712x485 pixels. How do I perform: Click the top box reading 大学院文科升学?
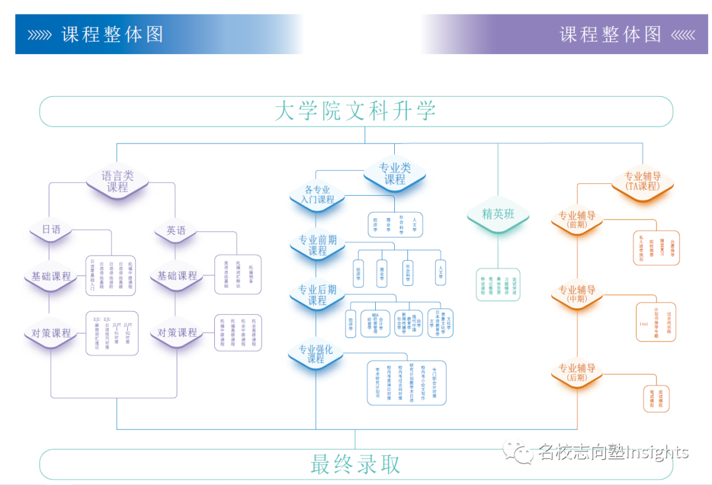355,111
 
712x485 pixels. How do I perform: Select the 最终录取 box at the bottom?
355,465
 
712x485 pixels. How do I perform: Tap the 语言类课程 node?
117,181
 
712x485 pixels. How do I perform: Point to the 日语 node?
51,230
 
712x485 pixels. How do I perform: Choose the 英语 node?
176,231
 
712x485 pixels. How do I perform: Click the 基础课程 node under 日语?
51,276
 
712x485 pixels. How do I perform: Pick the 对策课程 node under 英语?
177,333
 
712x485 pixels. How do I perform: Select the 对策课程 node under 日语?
51,333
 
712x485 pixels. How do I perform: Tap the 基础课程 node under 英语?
177,276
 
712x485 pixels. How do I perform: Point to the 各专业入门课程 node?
318,194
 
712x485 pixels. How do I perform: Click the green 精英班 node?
498,214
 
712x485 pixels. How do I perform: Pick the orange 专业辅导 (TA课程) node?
643,181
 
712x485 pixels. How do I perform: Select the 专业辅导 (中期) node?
577,295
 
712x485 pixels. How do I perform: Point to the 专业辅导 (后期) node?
577,373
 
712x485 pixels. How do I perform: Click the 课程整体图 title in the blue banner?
112,34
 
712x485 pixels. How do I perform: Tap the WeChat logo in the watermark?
518,451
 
